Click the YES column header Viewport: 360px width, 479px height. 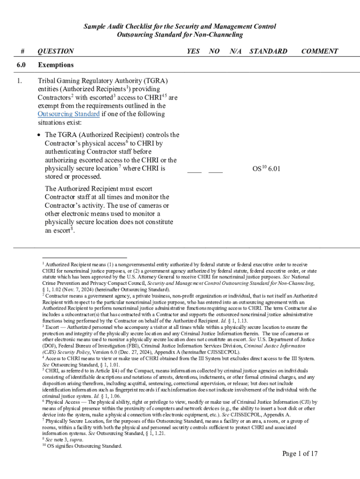[193, 51]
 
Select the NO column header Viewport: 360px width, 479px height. [214, 51]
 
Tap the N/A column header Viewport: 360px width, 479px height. [236, 51]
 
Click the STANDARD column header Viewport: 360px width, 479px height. [268, 51]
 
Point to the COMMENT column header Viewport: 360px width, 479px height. [319, 51]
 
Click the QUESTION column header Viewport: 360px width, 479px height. [55, 51]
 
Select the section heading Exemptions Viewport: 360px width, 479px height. [56, 65]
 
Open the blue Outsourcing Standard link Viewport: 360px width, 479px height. [68, 114]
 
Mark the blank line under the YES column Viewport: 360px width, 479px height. [194, 172]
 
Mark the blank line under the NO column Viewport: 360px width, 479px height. [215, 172]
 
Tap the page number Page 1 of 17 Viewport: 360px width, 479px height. [300, 454]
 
